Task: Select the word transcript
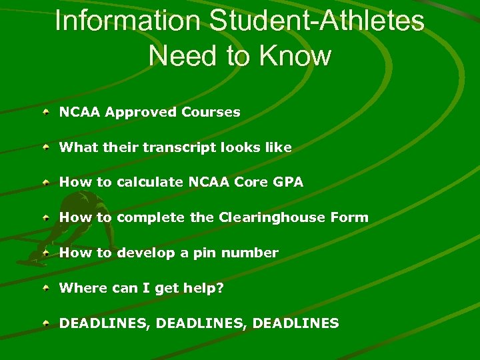[x=176, y=147]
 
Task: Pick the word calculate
[x=150, y=182]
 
